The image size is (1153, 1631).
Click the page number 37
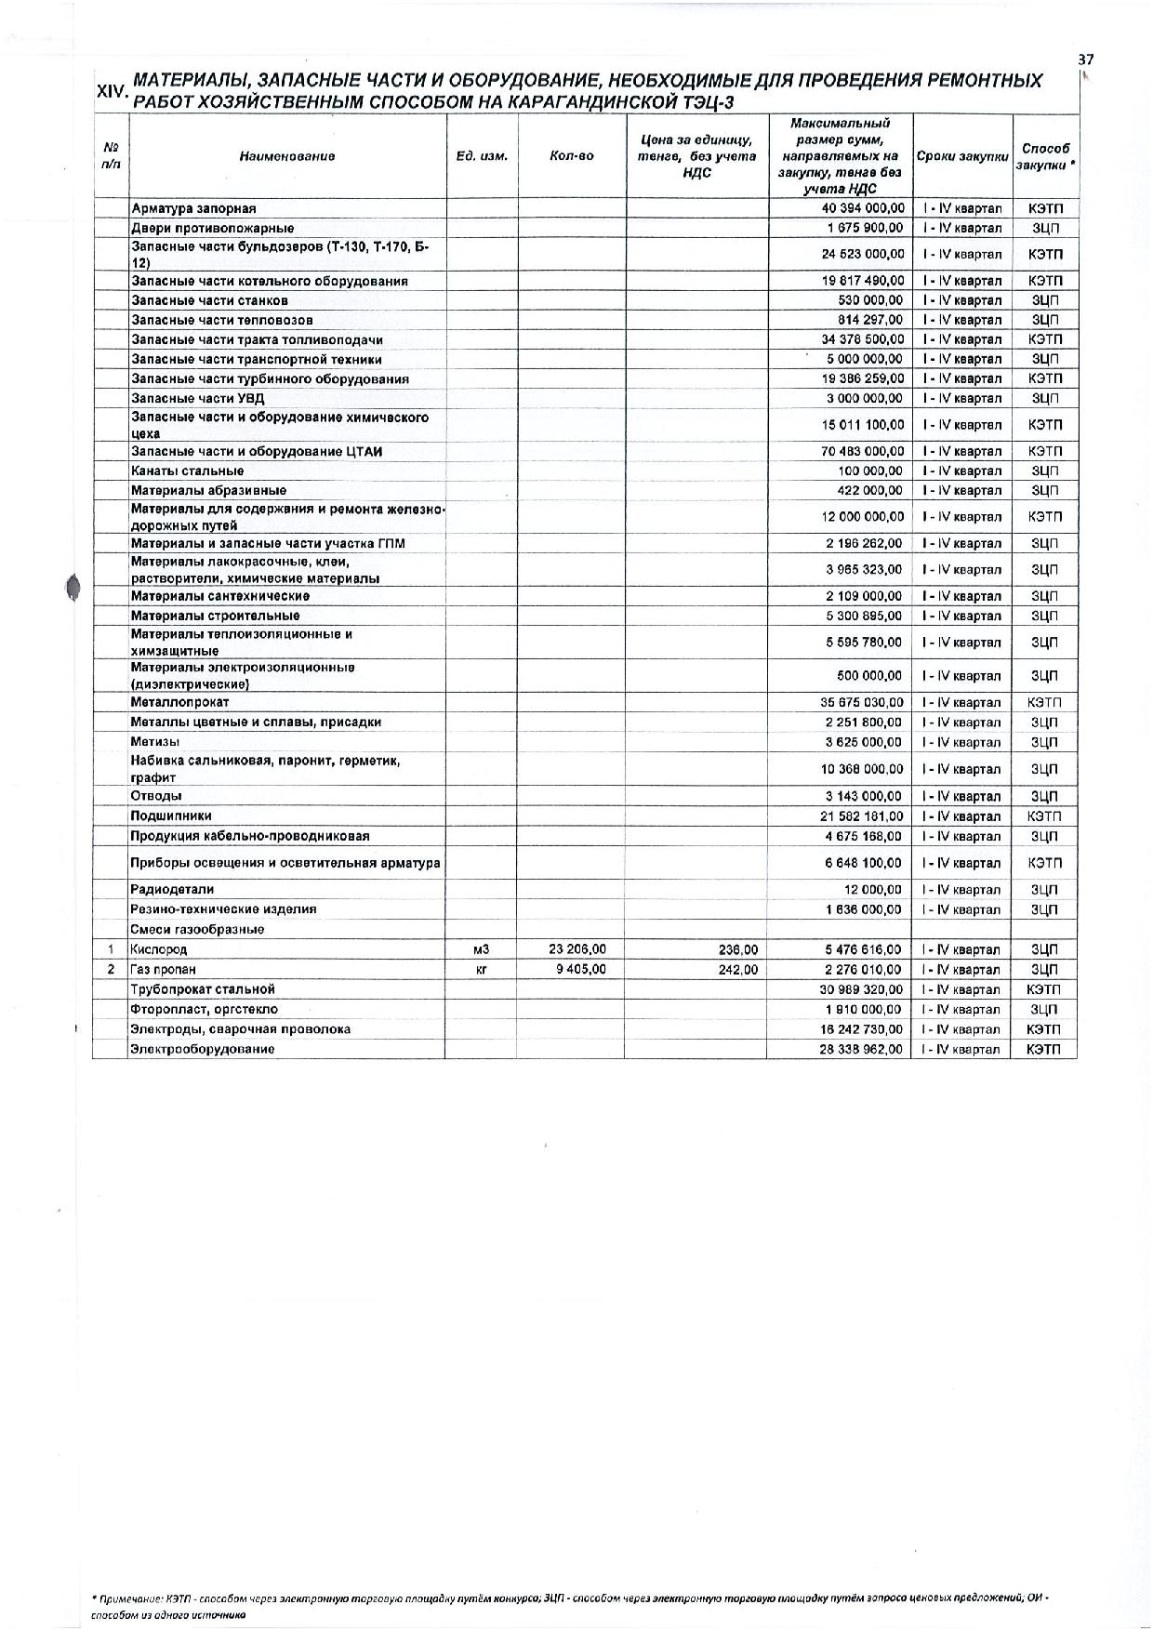pos(1085,59)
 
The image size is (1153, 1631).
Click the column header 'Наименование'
pos(286,156)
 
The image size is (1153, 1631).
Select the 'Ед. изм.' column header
pos(482,156)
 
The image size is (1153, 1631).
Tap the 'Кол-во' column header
pos(571,156)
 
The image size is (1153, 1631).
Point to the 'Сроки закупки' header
pos(962,156)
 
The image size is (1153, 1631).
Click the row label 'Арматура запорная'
pos(193,208)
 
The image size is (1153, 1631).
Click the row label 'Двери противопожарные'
pos(212,228)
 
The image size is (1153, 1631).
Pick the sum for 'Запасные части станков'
pos(870,300)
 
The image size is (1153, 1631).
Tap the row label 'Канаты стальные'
pos(187,471)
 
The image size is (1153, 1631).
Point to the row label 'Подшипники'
pos(171,815)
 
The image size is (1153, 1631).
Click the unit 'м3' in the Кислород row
pos(481,949)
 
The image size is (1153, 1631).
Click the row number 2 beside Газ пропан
pos(111,969)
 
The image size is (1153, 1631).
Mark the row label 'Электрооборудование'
pos(203,1049)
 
